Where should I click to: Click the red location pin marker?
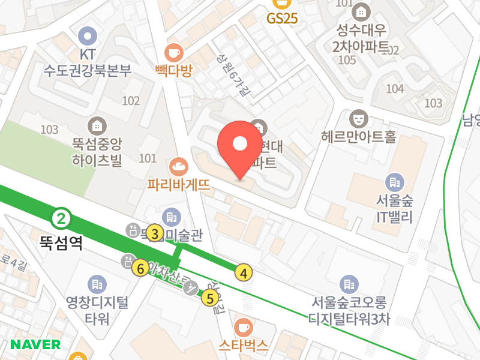pyautogui.click(x=240, y=148)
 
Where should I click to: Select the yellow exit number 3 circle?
pyautogui.click(x=155, y=234)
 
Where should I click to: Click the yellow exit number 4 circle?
pyautogui.click(x=243, y=273)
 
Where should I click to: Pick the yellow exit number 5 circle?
pyautogui.click(x=210, y=298)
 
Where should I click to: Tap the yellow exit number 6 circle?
pyautogui.click(x=141, y=268)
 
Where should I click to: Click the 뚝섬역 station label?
pyautogui.click(x=61, y=242)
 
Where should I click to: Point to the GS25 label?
pyautogui.click(x=282, y=19)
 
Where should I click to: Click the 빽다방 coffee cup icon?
pyautogui.click(x=174, y=52)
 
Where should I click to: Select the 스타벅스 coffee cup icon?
pyautogui.click(x=243, y=327)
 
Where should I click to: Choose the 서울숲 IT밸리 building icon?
pyautogui.click(x=394, y=182)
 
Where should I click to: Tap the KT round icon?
pyautogui.click(x=88, y=35)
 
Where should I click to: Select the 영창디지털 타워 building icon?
pyautogui.click(x=97, y=284)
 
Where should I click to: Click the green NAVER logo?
pyautogui.click(x=36, y=344)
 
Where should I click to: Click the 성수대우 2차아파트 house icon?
pyautogui.click(x=361, y=11)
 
